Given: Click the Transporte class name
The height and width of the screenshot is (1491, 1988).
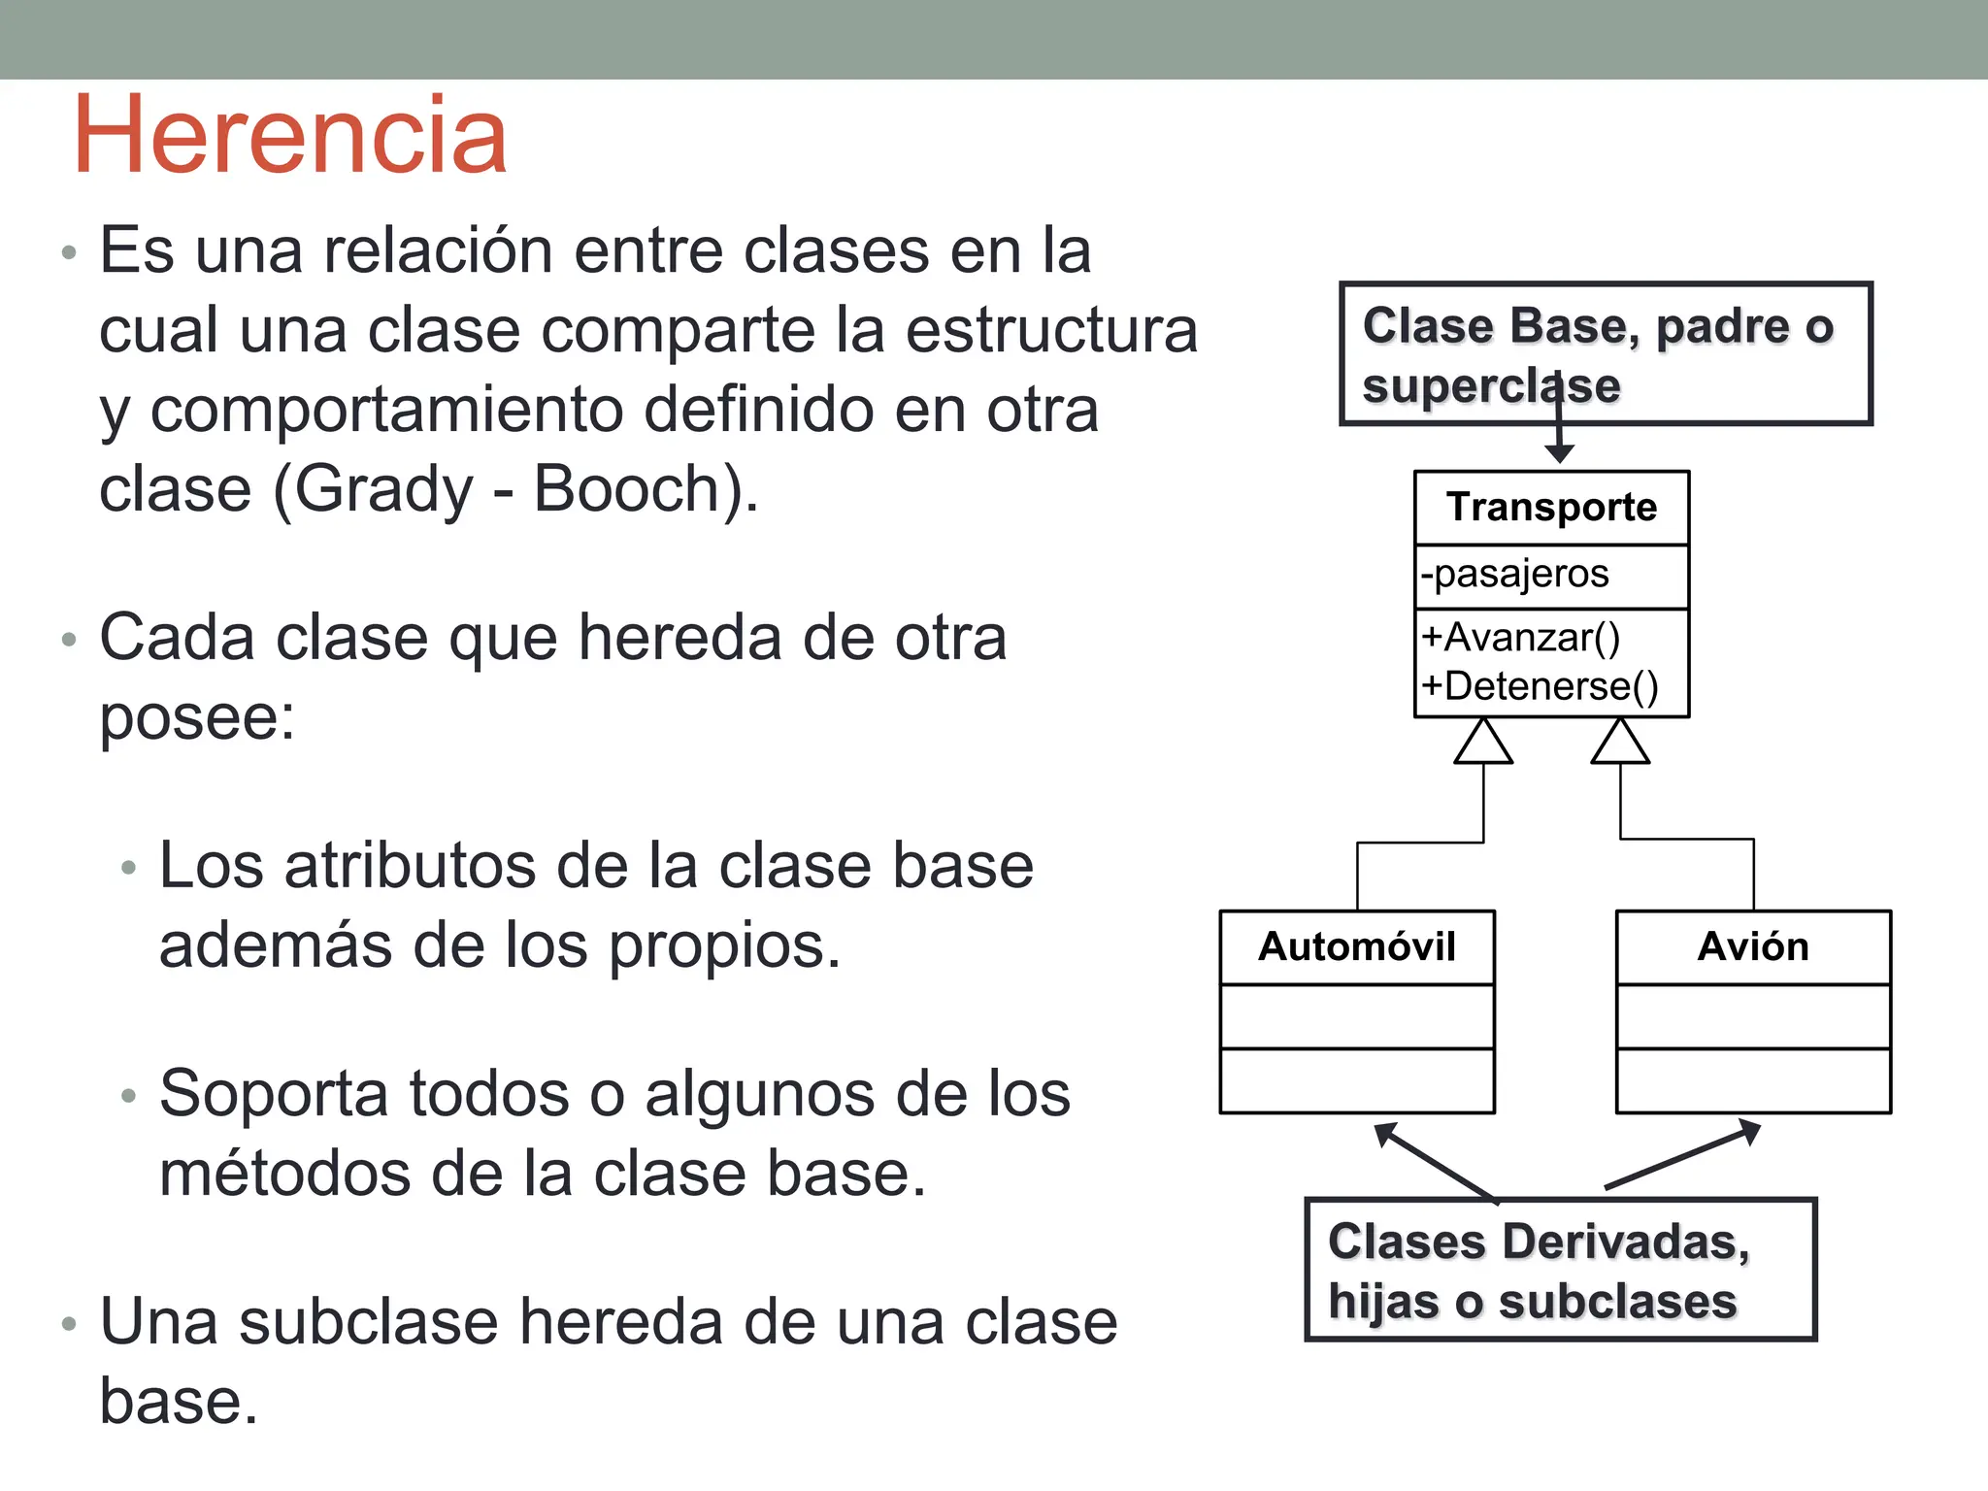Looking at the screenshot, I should (x=1551, y=508).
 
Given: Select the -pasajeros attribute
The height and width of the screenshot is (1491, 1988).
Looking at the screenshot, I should (x=1515, y=574).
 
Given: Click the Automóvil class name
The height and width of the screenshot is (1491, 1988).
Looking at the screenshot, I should (x=1356, y=946).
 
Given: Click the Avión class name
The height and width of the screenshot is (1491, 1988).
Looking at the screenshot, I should (x=1753, y=946).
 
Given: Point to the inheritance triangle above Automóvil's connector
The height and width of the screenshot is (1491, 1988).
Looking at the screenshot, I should (x=1483, y=744).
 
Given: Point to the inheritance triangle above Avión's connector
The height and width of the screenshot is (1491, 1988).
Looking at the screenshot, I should (x=1620, y=744).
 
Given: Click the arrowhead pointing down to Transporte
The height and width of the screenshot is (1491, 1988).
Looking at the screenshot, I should (x=1559, y=453).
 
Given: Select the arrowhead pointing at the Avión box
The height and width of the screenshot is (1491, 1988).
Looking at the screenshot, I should (x=1749, y=1131).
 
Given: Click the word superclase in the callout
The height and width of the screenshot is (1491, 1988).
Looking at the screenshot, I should (x=1491, y=386).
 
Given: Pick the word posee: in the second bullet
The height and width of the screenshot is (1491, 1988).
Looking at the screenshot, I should (x=197, y=718).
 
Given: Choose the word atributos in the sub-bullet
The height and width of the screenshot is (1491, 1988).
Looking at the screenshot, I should (x=408, y=866).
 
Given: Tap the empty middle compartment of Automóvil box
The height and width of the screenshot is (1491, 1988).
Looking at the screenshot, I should (x=1356, y=1016).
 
